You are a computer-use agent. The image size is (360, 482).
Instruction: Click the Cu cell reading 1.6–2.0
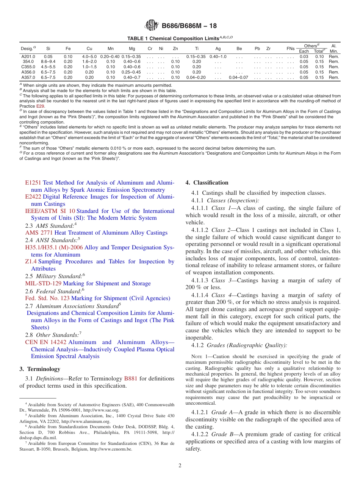[x=89, y=62]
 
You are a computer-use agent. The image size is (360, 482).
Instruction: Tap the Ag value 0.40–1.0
[x=218, y=56]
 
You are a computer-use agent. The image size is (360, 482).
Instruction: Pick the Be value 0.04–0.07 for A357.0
[x=239, y=77]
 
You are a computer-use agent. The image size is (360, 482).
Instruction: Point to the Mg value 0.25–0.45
[x=132, y=72]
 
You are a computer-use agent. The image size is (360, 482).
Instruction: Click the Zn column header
[x=175, y=49]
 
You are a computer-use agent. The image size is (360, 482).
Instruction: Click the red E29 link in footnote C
[x=40, y=106]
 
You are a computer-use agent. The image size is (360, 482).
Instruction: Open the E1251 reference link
[x=33, y=183]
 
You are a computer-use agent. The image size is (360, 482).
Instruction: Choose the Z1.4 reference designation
[x=31, y=261]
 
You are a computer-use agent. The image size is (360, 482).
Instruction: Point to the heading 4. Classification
[x=207, y=183]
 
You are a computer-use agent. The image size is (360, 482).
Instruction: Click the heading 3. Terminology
[x=39, y=369]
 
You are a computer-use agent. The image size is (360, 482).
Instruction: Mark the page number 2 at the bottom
[x=180, y=465]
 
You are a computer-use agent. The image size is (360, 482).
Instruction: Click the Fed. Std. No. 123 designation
[x=47, y=298]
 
